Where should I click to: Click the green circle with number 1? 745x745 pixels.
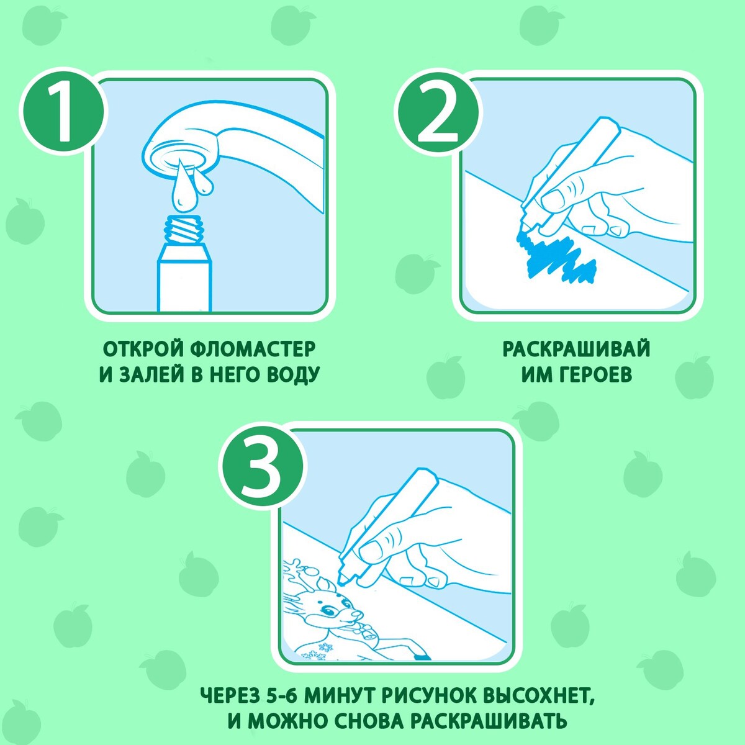[x=63, y=112]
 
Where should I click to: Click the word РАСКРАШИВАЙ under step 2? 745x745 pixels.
[x=576, y=349]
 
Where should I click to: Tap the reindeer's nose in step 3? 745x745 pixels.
[x=358, y=615]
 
